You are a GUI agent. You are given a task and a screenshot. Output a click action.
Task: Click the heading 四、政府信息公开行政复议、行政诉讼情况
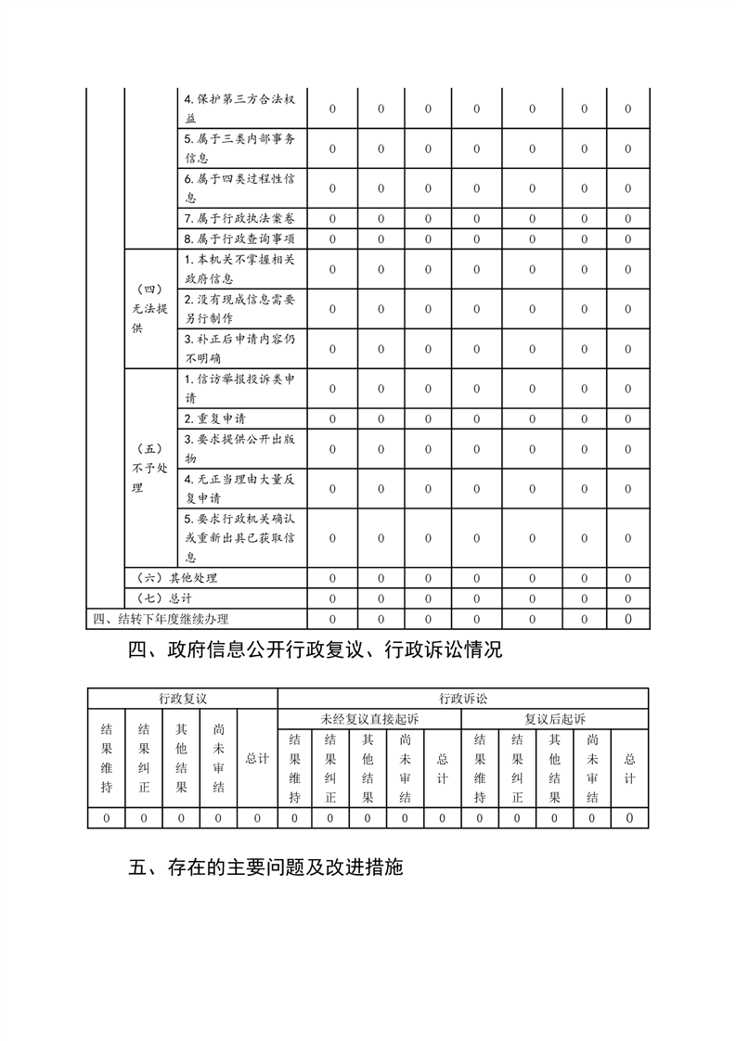tap(315, 650)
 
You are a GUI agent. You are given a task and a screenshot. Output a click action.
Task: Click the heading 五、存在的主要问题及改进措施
tap(265, 868)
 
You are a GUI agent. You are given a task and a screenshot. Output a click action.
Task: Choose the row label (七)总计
tap(162, 598)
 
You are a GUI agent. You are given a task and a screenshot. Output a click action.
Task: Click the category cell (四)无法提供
tap(149, 309)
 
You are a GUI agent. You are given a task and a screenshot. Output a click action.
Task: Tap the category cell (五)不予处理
tap(149, 468)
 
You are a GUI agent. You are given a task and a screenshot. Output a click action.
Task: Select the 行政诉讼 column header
tap(462, 698)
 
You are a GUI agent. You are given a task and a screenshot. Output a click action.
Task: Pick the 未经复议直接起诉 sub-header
tap(369, 719)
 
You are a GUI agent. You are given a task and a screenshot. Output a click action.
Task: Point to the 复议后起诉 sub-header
tap(554, 719)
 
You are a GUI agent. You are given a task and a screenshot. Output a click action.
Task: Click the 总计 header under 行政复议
tap(257, 758)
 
